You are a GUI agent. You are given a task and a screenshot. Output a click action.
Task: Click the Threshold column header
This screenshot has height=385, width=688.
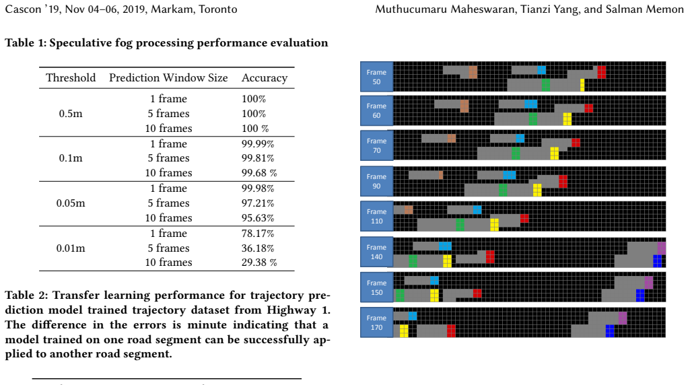tap(71, 77)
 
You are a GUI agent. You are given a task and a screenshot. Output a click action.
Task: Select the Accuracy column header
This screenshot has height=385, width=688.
tap(265, 78)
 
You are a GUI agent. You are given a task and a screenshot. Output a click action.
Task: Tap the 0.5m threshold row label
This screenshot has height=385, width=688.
tap(71, 114)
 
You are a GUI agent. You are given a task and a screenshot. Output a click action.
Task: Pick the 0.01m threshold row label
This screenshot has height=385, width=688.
tap(71, 248)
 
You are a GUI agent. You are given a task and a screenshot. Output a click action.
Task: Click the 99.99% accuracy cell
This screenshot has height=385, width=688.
tap(258, 144)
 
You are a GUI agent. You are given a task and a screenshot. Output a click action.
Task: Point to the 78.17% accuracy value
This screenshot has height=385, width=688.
tap(258, 234)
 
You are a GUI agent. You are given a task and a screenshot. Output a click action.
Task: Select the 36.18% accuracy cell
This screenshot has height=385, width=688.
tap(258, 248)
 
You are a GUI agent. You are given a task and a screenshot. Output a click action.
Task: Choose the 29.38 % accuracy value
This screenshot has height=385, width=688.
tap(259, 262)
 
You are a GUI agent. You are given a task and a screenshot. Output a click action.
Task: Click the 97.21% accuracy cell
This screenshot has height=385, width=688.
tap(258, 203)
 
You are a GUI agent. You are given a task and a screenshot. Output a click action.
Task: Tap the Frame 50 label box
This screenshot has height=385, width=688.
tap(376, 77)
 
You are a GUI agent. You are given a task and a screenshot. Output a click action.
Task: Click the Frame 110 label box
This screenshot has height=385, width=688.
tap(376, 216)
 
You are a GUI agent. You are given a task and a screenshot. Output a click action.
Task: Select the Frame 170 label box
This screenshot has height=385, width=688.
tap(376, 322)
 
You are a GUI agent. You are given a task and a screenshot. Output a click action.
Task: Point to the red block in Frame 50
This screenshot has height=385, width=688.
tap(602, 72)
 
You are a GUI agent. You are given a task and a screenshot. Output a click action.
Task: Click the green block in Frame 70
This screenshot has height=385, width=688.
tap(516, 153)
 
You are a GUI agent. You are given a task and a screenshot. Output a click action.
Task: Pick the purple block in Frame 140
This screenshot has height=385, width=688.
tap(662, 248)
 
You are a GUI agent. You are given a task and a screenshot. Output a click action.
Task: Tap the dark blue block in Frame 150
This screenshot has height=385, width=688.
tap(640, 295)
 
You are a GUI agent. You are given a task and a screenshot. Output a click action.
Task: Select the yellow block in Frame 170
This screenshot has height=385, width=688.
tap(404, 331)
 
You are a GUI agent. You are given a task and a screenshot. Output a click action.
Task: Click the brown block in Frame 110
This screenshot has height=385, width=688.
tap(409, 210)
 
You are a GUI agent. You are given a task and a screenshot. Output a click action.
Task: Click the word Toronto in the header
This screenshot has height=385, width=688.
tap(218, 9)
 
